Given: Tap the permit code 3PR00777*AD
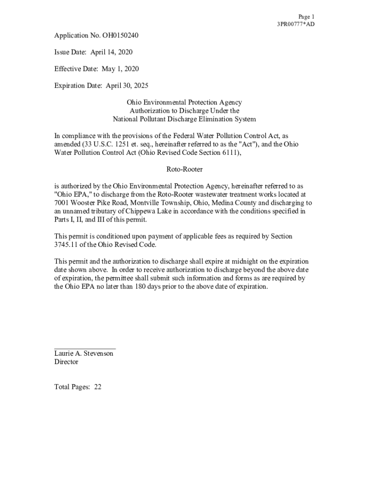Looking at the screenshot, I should pos(296,24).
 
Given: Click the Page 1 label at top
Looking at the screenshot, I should pos(306,16).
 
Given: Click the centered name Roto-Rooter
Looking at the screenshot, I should pos(184,169).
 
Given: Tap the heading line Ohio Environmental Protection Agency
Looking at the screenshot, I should pos(184,102).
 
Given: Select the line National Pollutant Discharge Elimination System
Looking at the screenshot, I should pos(184,119).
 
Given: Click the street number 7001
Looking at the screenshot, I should pos(62,203).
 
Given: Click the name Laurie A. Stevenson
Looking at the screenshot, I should pos(84,353).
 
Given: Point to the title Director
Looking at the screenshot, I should pos(66,362).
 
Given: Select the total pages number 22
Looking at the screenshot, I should pos(98,387).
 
